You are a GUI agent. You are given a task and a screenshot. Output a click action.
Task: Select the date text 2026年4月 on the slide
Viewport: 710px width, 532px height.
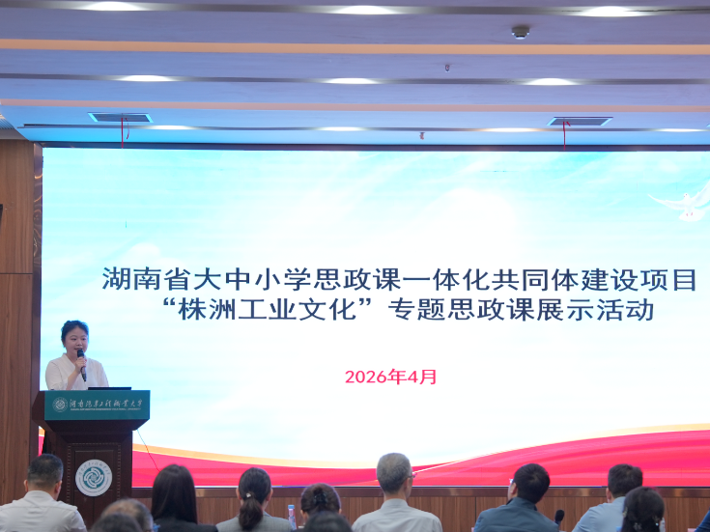tap(390, 377)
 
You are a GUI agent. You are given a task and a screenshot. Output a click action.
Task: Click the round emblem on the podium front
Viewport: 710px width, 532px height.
tap(94, 477)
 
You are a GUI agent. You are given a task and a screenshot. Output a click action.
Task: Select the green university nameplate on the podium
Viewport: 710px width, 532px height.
tap(97, 405)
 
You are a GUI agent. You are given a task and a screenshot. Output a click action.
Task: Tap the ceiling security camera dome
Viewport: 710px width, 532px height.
tap(521, 32)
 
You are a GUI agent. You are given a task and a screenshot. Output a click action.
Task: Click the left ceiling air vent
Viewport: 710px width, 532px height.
tap(121, 118)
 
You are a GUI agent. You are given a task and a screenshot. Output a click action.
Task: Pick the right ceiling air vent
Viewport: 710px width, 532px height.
tap(580, 122)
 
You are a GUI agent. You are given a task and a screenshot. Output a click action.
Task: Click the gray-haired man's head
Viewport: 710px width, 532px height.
tap(394, 473)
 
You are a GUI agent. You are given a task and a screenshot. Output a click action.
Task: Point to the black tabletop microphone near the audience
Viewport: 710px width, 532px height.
tap(559, 518)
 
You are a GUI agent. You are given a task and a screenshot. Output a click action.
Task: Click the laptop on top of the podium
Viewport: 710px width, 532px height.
tap(109, 388)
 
